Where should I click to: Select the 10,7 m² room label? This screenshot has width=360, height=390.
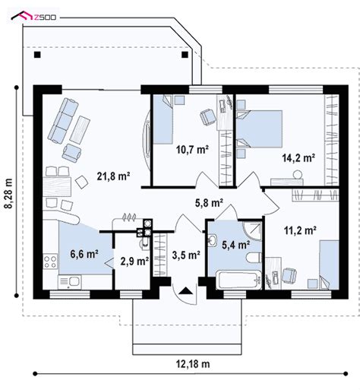pyautogui.click(x=193, y=150)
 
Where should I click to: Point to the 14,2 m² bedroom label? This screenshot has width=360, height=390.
pyautogui.click(x=298, y=159)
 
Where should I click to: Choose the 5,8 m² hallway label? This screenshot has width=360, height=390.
pyautogui.click(x=208, y=203)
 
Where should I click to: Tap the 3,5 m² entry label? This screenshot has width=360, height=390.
pyautogui.click(x=185, y=255)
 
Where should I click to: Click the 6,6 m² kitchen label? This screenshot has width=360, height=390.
pyautogui.click(x=84, y=253)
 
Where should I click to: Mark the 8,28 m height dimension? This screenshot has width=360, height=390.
pyautogui.click(x=9, y=196)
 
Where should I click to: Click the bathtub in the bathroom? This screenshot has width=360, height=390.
pyautogui.click(x=236, y=281)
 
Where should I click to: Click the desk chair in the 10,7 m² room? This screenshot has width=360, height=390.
pyautogui.click(x=206, y=116)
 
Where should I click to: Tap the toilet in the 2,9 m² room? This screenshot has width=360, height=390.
pyautogui.click(x=144, y=245)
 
